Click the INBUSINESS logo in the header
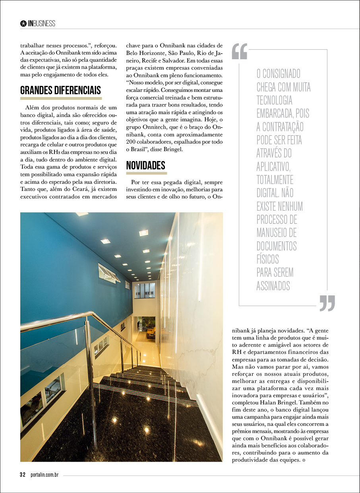[41, 23]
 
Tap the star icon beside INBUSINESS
[23, 23]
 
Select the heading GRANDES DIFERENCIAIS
[60, 90]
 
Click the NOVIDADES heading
[145, 165]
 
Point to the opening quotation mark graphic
[240, 51]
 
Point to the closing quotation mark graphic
[327, 303]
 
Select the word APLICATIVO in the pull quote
[273, 167]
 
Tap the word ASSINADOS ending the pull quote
[273, 286]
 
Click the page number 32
[23, 475]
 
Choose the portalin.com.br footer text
[44, 475]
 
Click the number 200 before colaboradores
[132, 141]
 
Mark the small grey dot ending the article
[304, 460]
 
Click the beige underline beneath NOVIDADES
[146, 173]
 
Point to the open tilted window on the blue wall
[109, 273]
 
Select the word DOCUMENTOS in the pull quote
[277, 246]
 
